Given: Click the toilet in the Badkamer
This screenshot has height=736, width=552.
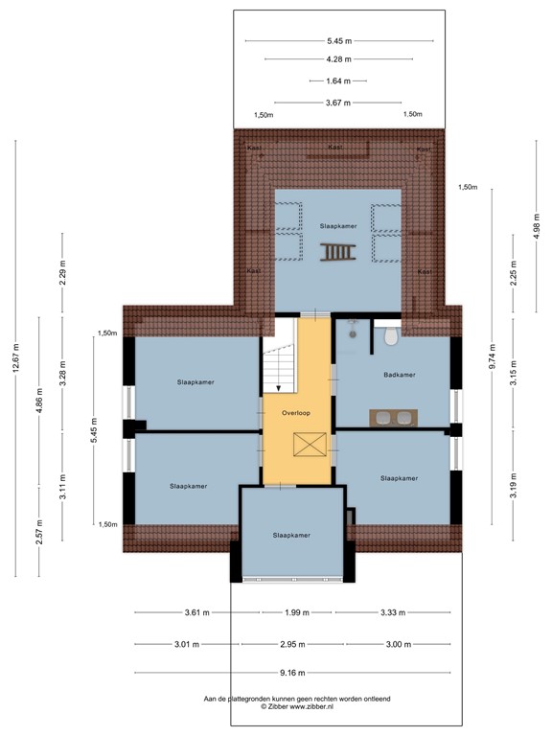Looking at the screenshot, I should pyautogui.click(x=390, y=339).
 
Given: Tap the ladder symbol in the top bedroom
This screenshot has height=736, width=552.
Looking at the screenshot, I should pyautogui.click(x=338, y=252).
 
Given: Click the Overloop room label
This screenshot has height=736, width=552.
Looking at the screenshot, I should pyautogui.click(x=296, y=412).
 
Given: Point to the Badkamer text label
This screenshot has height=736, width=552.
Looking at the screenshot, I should pyautogui.click(x=399, y=375).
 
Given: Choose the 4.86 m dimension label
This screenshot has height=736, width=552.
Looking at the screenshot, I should pyautogui.click(x=39, y=397).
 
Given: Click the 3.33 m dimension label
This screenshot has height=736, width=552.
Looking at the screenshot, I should pyautogui.click(x=392, y=612).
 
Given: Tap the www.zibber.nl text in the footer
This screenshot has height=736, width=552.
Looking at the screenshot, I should pyautogui.click(x=316, y=707).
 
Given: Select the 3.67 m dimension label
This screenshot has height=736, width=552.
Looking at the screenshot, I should pyautogui.click(x=337, y=103).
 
